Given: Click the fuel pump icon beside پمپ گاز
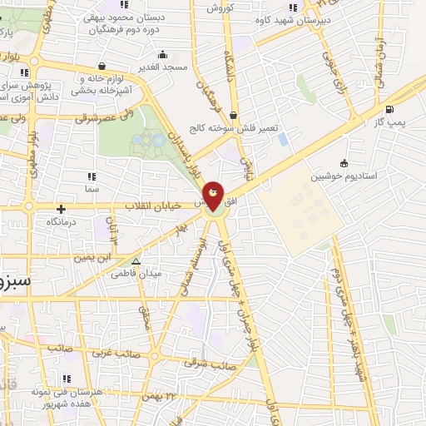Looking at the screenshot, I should (x=389, y=108).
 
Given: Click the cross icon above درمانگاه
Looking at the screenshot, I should (x=60, y=209).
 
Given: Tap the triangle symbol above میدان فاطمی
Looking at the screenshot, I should (x=136, y=261).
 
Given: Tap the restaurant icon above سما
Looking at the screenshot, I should (x=91, y=176).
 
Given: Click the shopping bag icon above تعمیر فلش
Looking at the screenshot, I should (x=232, y=115).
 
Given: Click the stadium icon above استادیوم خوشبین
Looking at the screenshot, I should (x=344, y=163).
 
